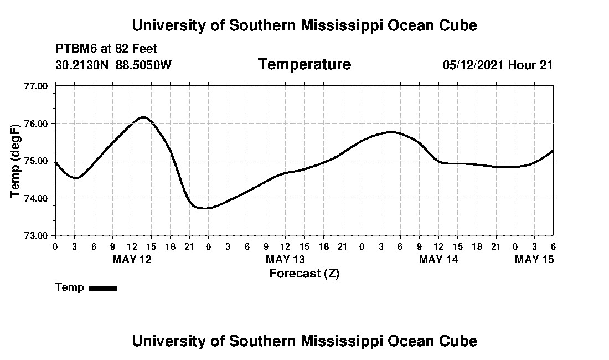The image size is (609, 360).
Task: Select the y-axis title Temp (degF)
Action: (16, 161)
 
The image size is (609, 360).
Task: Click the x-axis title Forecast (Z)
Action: (304, 273)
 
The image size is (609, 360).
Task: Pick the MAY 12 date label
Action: (132, 259)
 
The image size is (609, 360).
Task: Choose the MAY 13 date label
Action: (285, 259)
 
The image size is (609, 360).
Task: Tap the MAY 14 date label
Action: (438, 259)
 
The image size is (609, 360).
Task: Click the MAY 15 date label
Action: (534, 259)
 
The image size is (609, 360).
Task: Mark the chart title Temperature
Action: (304, 64)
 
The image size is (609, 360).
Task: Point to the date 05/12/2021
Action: (473, 65)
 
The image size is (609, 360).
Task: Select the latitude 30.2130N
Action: (83, 65)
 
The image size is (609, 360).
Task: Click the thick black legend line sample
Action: (103, 288)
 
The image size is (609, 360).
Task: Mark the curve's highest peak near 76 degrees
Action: (143, 117)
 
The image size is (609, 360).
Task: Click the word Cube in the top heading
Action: (458, 25)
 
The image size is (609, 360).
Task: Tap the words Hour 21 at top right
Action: (530, 65)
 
